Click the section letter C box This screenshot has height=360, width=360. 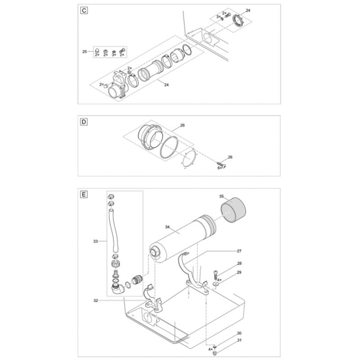(84, 10)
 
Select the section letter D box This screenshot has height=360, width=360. (84, 121)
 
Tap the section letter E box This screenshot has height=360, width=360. (84, 194)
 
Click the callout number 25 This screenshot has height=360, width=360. (85, 52)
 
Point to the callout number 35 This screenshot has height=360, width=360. (221, 196)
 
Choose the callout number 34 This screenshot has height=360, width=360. (167, 227)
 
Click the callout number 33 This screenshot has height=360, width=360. (95, 241)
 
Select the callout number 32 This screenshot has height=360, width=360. (96, 301)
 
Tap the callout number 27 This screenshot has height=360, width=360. (239, 251)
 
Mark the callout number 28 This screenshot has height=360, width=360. (239, 263)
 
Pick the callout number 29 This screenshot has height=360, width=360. (239, 273)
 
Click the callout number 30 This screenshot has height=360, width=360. (239, 333)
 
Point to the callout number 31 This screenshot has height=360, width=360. (239, 340)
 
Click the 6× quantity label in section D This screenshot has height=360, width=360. (220, 168)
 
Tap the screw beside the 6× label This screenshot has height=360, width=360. (221, 165)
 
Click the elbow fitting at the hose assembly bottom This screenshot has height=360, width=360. (118, 289)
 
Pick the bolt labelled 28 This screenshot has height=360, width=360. (215, 274)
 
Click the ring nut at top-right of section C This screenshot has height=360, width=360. (238, 21)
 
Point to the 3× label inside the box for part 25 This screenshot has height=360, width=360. (114, 55)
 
